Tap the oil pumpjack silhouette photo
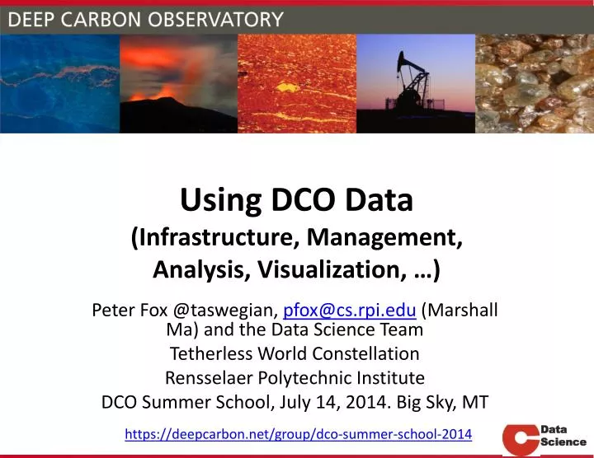coord(416,83)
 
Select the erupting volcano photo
coord(178,83)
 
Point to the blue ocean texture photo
coord(59,83)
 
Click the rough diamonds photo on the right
coord(535,83)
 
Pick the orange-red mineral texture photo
coord(297,83)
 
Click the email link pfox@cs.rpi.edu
coord(349,311)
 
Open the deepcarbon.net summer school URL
coord(298,433)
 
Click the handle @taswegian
coord(225,311)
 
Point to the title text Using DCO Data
coord(296,200)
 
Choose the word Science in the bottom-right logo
coord(563,442)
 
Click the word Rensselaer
coord(210,378)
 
